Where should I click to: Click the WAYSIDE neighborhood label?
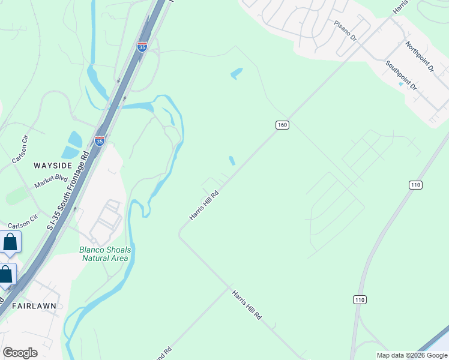(53, 165)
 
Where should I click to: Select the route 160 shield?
(283, 125)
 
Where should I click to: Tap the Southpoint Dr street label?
(401, 75)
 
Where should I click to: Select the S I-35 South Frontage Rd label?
(67, 190)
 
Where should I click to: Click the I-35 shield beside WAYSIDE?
(100, 141)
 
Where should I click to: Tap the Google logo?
(20, 353)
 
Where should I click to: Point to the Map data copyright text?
(411, 355)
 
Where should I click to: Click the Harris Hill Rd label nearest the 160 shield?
(203, 205)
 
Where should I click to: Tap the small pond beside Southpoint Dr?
(400, 84)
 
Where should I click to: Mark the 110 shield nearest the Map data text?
(360, 299)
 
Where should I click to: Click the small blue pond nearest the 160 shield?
(232, 160)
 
